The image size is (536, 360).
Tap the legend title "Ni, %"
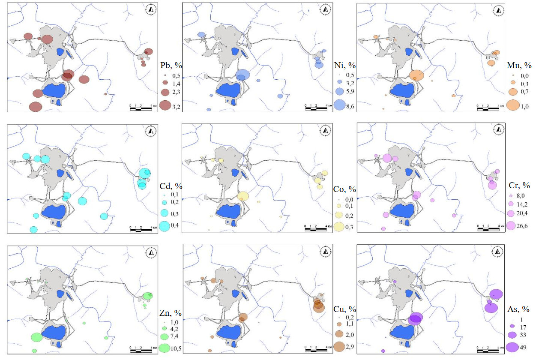click(x=345, y=65)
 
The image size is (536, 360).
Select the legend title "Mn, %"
click(x=520, y=66)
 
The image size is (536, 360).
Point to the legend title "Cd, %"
click(x=171, y=186)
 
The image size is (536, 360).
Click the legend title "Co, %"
click(x=345, y=189)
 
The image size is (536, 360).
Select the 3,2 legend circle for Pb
click(x=165, y=105)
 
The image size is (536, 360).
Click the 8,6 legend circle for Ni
click(x=340, y=105)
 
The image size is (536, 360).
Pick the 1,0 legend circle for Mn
click(x=512, y=105)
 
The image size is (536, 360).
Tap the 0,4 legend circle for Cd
click(x=165, y=226)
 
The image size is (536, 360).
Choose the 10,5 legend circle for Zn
click(x=165, y=348)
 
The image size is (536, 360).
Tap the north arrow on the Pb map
click(x=150, y=8)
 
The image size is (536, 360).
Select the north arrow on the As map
click(x=500, y=251)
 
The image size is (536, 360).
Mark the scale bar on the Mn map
click(x=490, y=107)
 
